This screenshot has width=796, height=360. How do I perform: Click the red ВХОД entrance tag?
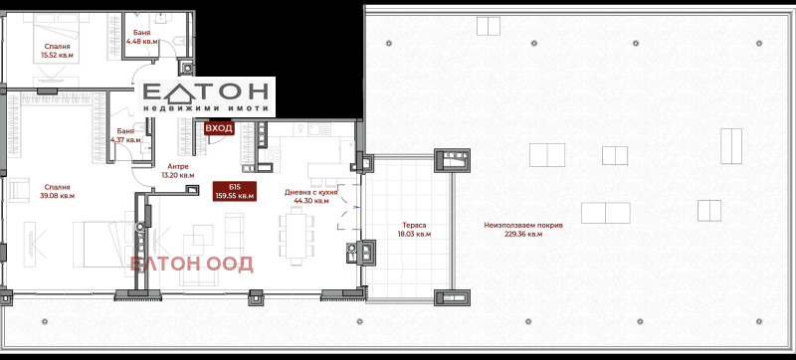[x=219, y=128]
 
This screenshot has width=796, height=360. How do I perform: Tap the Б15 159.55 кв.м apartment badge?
[x=235, y=191]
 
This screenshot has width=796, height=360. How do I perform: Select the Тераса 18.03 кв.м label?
[x=414, y=230]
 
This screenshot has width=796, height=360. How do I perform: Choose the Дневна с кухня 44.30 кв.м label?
[x=311, y=196]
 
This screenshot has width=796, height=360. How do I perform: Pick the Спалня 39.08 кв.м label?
[x=57, y=191]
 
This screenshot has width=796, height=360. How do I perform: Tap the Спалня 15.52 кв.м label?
[x=57, y=50]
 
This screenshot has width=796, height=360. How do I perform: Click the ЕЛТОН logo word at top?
[x=206, y=92]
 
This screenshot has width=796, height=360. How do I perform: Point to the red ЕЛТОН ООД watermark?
[x=191, y=265]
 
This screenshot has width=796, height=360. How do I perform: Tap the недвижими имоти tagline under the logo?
[x=205, y=109]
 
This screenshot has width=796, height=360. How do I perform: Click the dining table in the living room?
[x=296, y=236]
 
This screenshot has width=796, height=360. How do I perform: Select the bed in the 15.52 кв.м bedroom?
[x=57, y=38]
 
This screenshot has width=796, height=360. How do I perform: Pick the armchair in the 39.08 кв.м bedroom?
[x=19, y=189]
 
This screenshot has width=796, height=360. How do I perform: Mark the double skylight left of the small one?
[x=546, y=155]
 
